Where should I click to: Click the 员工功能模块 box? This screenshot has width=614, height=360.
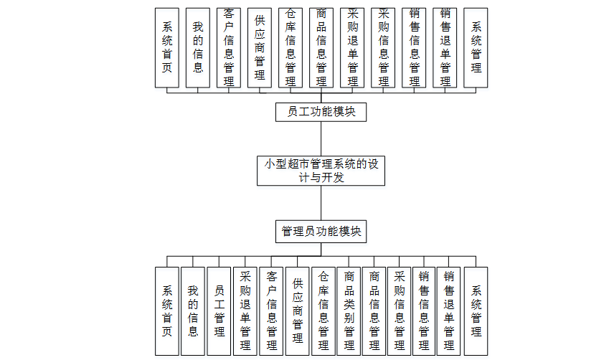tap(321, 112)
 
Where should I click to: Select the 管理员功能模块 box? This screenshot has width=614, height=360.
tap(321, 232)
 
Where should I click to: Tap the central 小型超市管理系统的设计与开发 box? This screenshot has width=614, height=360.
tap(321, 171)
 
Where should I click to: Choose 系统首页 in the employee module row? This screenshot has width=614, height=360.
tap(167, 47)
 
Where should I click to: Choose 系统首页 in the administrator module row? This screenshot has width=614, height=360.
tap(167, 311)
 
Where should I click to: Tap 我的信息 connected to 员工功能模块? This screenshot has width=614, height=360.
tap(198, 47)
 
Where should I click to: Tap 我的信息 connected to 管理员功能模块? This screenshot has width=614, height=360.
tap(193, 311)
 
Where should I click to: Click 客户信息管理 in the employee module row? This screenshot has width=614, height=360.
tap(229, 47)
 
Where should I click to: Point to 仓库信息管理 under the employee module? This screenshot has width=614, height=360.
tap(291, 47)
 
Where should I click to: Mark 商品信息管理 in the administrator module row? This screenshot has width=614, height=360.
tap(374, 311)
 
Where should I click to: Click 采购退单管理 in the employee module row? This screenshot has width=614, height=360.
tap(352, 47)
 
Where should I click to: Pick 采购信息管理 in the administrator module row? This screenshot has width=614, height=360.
tap(400, 311)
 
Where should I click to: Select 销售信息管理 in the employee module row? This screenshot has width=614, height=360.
tap(414, 47)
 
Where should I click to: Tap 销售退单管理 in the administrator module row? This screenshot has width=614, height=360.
tap(450, 311)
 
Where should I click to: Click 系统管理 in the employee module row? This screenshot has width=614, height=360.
tap(476, 47)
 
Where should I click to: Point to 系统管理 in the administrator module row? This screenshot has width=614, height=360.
tap(476, 311)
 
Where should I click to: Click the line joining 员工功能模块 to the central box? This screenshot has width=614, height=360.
tap(321, 138)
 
